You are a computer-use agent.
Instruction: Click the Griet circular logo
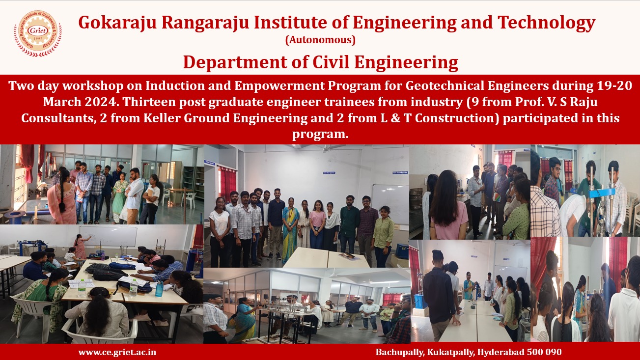[x=38, y=33]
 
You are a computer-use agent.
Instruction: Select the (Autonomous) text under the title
[x=320, y=40]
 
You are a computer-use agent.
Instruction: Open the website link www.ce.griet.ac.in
[x=117, y=352]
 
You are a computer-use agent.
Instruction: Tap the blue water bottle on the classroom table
[x=159, y=289]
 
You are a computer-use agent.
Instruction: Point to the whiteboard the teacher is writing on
[x=108, y=236]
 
